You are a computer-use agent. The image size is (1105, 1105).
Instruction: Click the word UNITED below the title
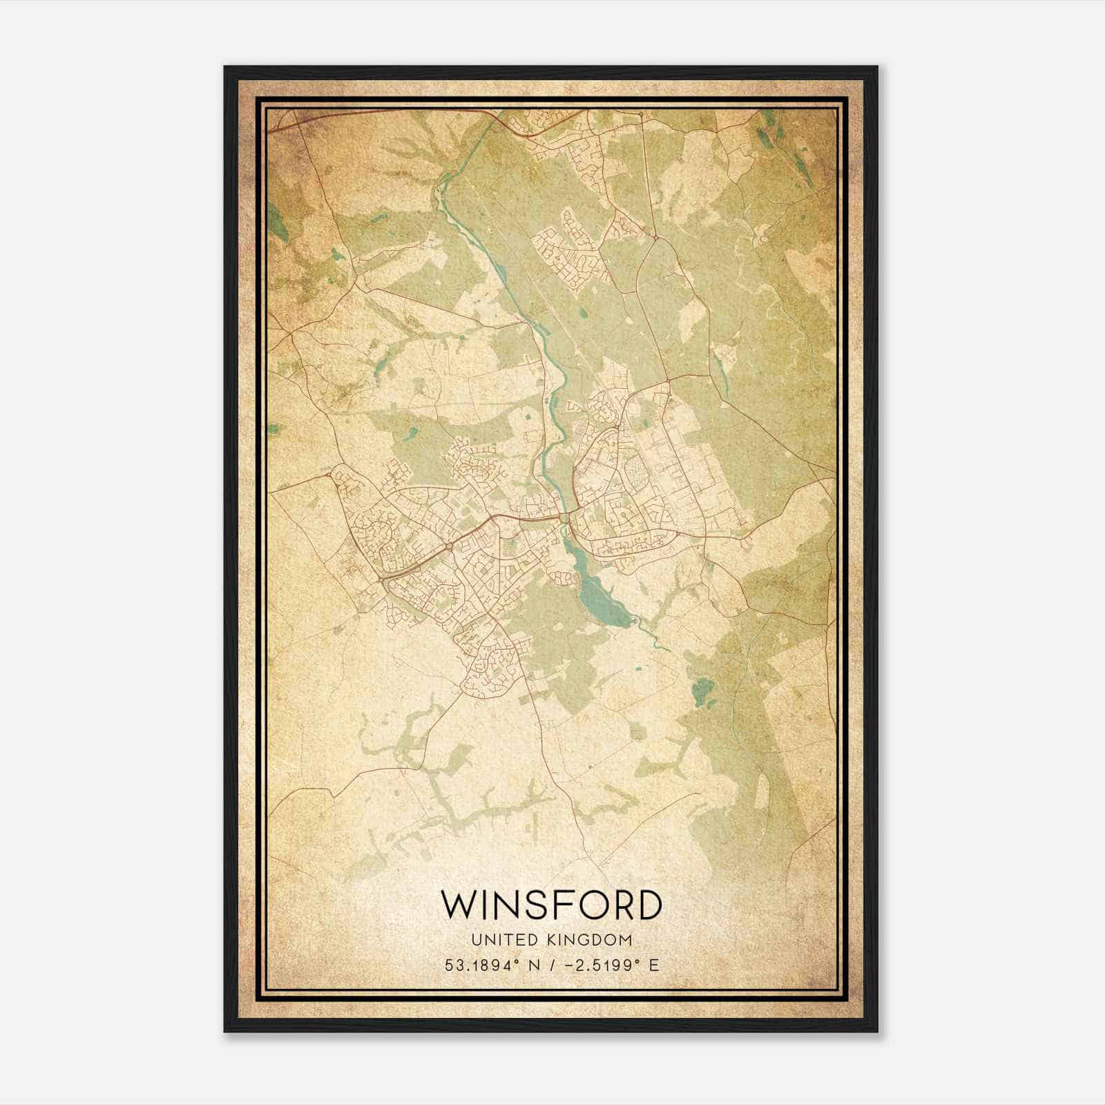pyautogui.click(x=496, y=939)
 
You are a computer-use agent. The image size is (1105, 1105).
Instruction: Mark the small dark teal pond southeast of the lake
pyautogui.click(x=702, y=689)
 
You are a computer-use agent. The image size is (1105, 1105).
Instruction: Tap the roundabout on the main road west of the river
pyautogui.click(x=450, y=546)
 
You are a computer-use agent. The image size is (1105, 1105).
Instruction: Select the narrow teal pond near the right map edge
pyautogui.click(x=722, y=373)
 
